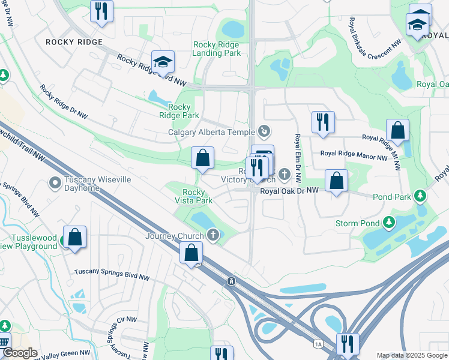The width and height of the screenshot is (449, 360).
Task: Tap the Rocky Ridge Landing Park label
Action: point(217,49)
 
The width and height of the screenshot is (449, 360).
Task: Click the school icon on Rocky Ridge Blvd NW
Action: point(161,62)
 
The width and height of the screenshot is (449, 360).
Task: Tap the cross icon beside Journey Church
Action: point(212,235)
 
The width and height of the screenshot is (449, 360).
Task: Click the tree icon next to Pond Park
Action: point(421,196)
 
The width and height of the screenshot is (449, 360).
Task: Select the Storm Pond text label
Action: point(357,223)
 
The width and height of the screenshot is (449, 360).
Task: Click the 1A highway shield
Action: point(318,344)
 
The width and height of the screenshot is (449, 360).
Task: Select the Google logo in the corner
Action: point(19,353)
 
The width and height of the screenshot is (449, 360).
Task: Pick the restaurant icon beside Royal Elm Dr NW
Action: point(323,122)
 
